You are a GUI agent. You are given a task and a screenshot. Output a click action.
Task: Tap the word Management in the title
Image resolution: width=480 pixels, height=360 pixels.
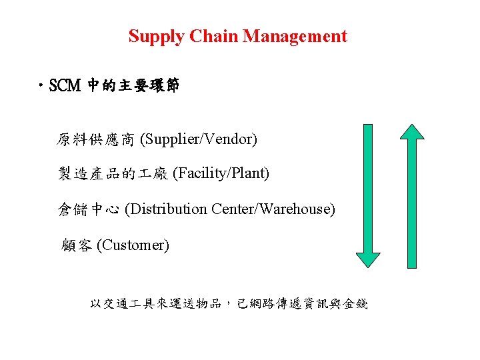click(x=295, y=36)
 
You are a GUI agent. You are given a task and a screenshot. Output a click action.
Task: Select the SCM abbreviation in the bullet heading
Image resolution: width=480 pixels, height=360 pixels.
click(x=65, y=86)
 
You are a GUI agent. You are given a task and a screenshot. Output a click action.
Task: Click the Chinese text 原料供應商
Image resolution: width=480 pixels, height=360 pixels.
click(x=96, y=139)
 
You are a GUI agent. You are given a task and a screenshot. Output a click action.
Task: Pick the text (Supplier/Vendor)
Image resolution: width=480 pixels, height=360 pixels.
click(x=199, y=139)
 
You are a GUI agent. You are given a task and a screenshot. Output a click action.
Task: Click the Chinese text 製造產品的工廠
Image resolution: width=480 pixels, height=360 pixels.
click(x=113, y=174)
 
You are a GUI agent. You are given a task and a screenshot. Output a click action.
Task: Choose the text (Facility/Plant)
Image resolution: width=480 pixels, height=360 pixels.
click(x=221, y=174)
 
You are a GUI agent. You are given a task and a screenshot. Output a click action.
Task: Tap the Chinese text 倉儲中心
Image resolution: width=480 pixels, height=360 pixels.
click(x=89, y=209)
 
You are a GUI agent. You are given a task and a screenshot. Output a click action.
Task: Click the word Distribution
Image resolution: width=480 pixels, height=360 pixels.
click(x=166, y=209)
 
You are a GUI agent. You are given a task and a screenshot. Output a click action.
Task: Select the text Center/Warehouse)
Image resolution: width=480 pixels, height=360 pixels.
click(x=273, y=209)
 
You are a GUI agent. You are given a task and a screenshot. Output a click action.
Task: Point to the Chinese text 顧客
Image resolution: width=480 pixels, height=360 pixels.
click(x=77, y=245)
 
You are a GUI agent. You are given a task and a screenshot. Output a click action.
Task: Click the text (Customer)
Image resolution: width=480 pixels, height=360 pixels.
click(x=133, y=245)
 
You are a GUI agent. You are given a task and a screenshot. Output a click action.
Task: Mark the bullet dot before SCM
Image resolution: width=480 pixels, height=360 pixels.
click(x=43, y=86)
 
